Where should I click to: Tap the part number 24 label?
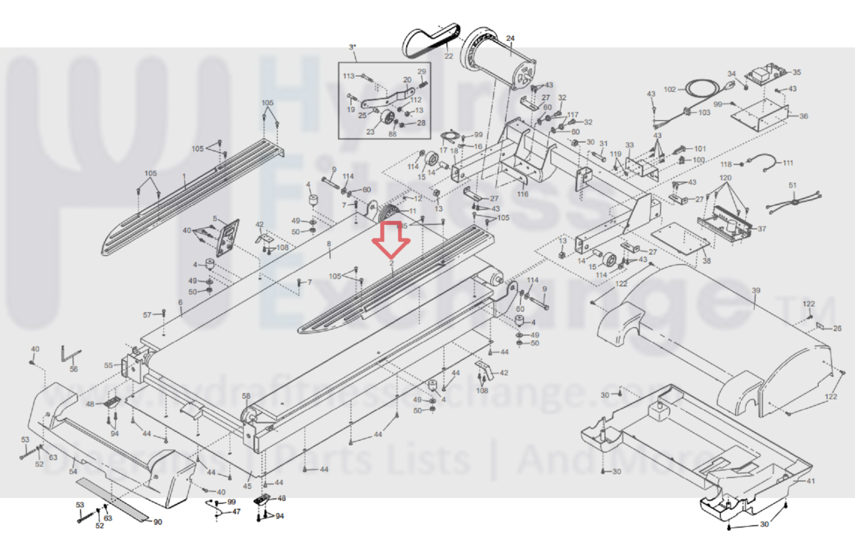510,38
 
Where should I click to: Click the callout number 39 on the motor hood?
756,291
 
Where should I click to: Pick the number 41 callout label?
811,481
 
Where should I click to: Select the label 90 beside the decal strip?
158,522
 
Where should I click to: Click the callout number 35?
797,72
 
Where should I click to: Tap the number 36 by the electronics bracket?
803,116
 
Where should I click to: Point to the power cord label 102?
669,89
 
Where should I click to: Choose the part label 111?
788,162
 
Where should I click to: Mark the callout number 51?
792,185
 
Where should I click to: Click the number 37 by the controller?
762,229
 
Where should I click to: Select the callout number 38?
706,261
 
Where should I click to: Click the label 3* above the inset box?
352,47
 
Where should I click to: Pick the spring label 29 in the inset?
422,72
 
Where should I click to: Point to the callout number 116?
522,194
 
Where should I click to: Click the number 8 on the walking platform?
329,244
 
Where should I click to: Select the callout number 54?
73,471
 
